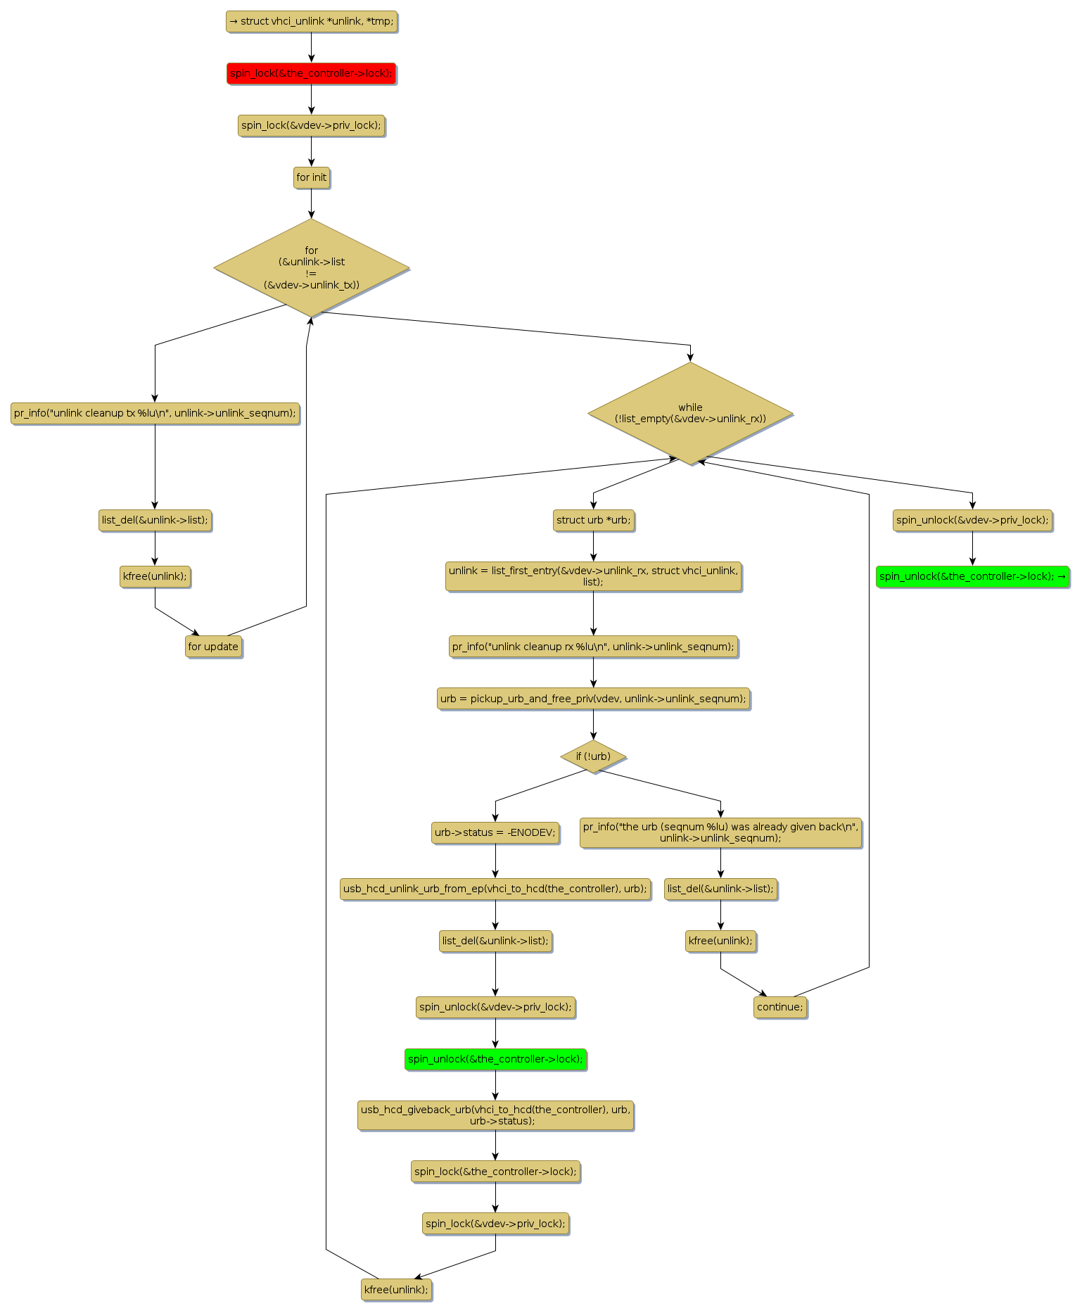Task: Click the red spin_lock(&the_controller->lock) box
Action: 311,73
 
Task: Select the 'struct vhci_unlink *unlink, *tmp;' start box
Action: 311,21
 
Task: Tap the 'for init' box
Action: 311,177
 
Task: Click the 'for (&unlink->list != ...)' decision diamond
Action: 311,267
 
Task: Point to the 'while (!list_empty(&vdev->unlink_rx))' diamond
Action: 690,413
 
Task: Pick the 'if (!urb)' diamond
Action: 593,756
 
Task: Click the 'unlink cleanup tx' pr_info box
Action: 155,413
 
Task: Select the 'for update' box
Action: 213,647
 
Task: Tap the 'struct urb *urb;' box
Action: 593,520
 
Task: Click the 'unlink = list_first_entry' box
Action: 593,576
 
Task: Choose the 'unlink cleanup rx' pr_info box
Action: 593,647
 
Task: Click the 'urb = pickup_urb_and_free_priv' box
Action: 593,699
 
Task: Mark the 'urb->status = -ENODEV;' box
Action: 495,832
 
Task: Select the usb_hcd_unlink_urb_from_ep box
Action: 495,889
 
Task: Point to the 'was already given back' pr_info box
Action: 720,832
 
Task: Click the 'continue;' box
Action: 779,1007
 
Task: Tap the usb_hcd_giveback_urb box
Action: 495,1115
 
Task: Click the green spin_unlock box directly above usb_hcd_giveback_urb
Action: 495,1059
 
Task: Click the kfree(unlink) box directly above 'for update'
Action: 155,576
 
